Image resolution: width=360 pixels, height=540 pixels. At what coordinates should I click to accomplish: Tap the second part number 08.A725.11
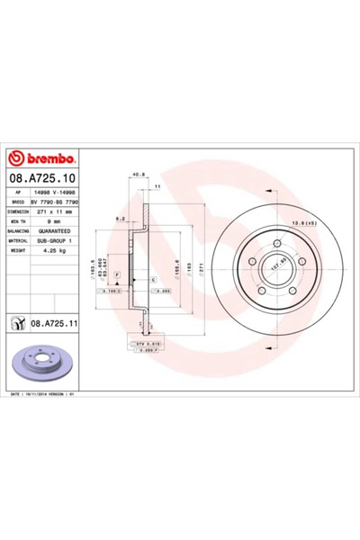(54, 320)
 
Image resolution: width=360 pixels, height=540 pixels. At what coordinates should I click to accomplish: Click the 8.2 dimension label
(121, 219)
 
